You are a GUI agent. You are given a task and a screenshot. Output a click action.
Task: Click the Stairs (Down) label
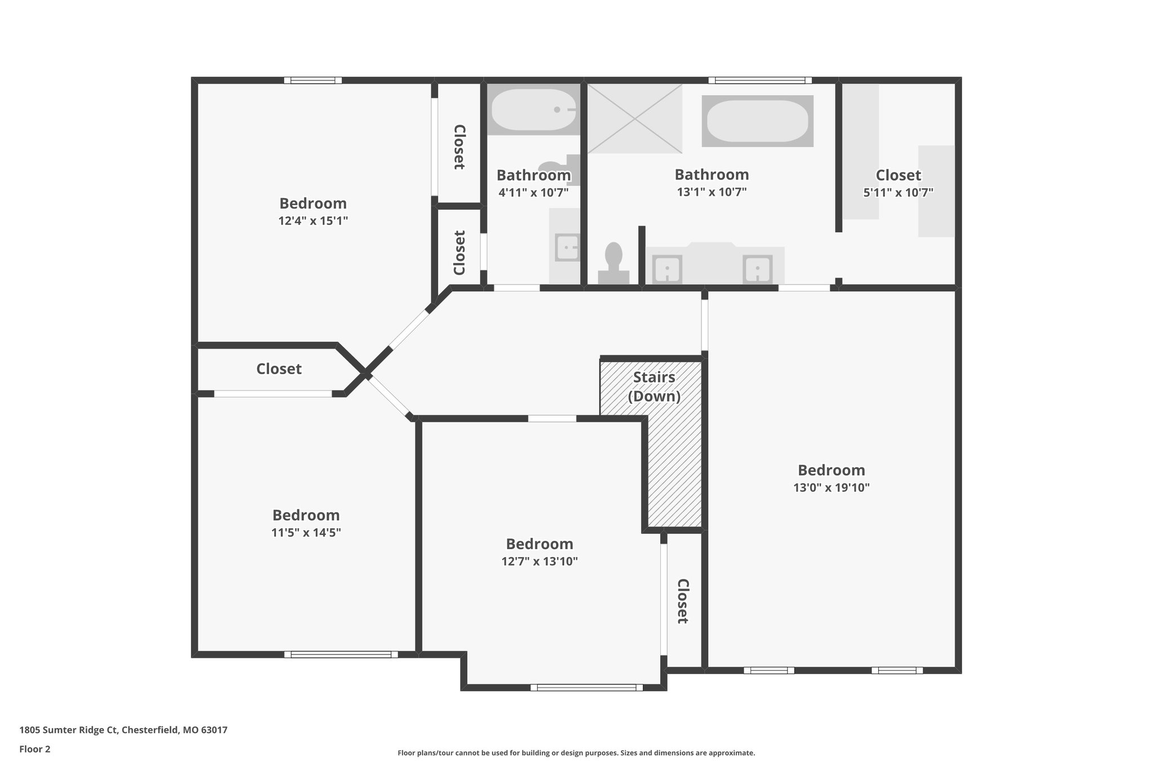[x=654, y=387]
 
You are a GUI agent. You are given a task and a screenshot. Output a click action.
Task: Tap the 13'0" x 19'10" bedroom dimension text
[x=832, y=488]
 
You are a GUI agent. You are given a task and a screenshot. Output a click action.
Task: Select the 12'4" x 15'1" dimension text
[x=313, y=221]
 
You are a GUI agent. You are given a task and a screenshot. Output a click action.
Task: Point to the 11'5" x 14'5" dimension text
[x=306, y=532]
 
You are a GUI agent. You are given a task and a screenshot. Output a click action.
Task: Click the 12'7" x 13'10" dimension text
[x=540, y=561]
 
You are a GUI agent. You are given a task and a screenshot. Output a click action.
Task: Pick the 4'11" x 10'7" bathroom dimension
[x=534, y=192]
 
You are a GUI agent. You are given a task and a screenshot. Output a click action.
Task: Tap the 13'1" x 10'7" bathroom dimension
[x=712, y=192]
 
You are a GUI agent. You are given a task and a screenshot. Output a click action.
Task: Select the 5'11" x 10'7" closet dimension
[x=899, y=192]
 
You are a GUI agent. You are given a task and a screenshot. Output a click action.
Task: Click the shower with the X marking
[x=635, y=119]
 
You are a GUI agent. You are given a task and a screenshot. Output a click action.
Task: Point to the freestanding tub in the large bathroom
[x=757, y=121]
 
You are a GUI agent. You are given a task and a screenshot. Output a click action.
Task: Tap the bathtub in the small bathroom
[x=533, y=110]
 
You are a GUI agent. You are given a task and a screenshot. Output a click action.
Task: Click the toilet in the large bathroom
[x=613, y=263]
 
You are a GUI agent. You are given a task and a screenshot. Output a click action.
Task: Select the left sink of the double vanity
[x=667, y=270]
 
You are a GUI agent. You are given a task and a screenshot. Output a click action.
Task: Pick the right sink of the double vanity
[x=758, y=270]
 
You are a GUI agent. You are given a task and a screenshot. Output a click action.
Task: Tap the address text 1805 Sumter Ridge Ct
[x=69, y=730]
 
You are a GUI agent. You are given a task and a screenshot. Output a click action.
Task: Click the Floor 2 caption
[x=35, y=749]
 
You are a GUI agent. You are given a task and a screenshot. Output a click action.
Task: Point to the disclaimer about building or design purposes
[x=576, y=753]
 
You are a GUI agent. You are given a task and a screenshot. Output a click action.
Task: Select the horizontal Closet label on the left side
[x=279, y=369]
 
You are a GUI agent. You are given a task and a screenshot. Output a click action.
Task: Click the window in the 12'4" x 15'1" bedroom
[x=312, y=80]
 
